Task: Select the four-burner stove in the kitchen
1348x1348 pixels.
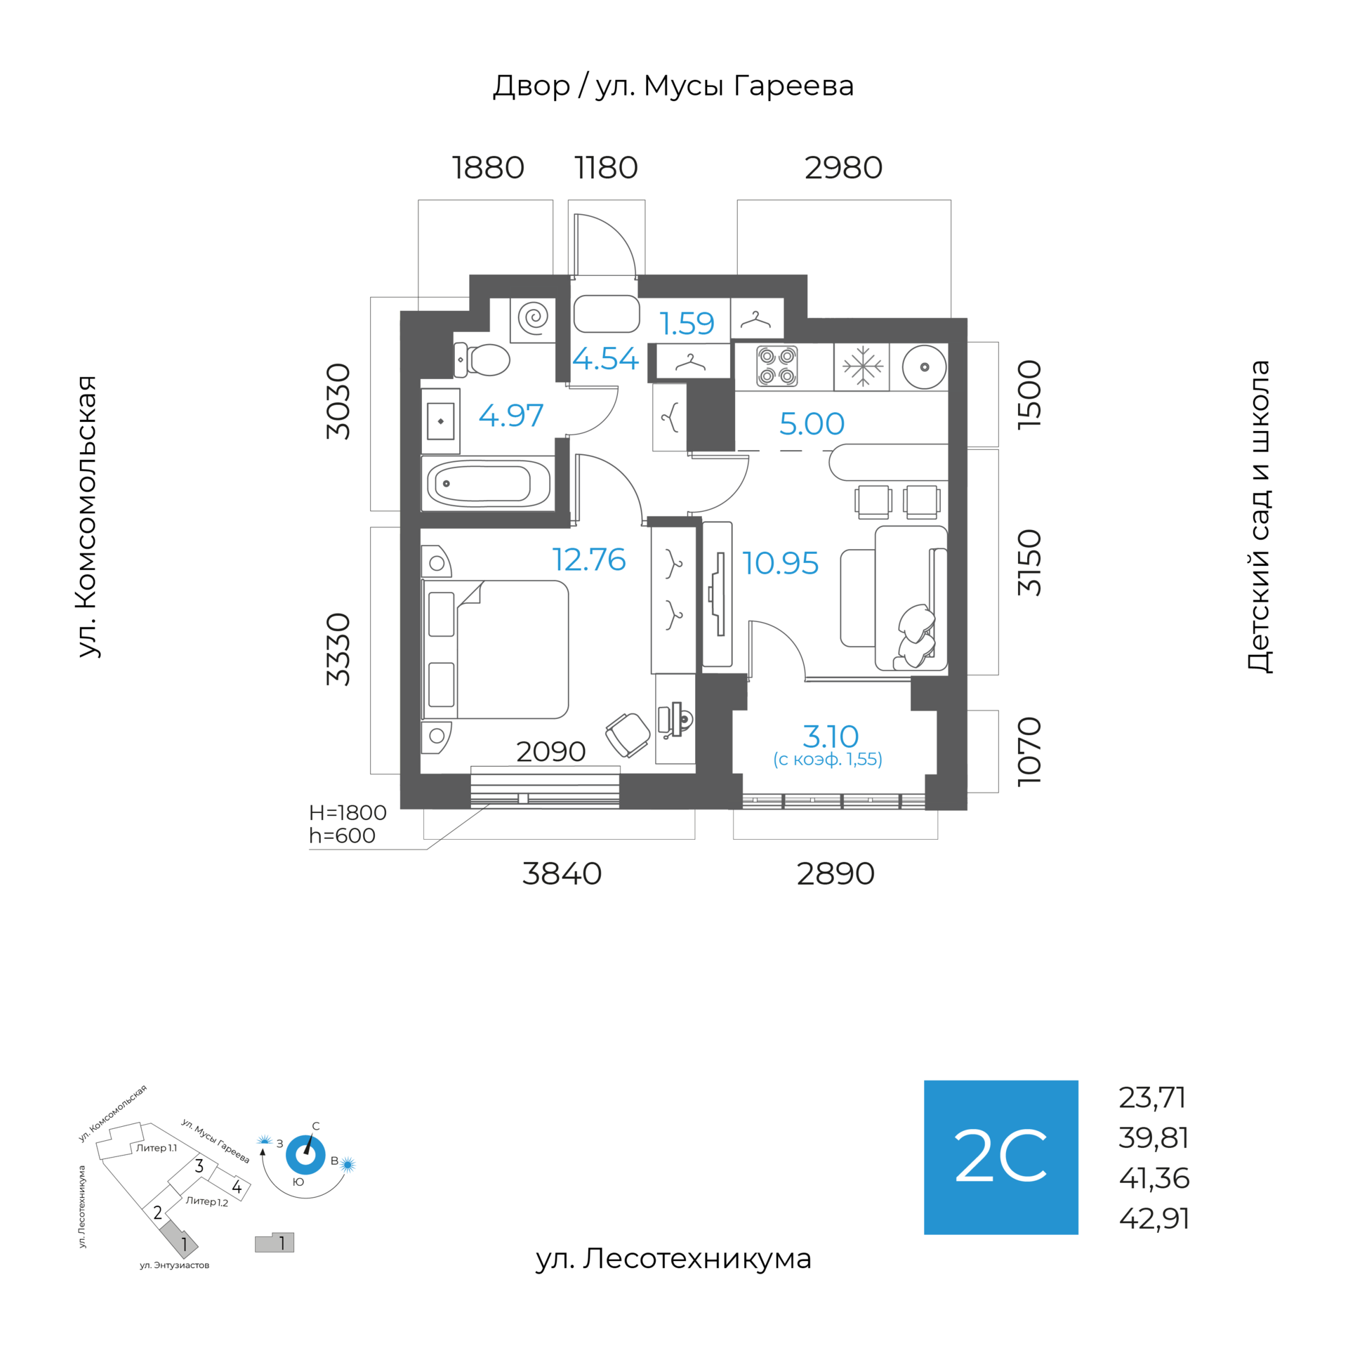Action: [x=777, y=366]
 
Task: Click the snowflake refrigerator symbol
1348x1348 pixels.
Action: [x=862, y=366]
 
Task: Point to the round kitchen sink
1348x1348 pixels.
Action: [x=924, y=366]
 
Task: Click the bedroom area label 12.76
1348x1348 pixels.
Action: [x=588, y=560]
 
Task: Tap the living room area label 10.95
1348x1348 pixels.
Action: [x=780, y=563]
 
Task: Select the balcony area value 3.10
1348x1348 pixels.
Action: [x=831, y=736]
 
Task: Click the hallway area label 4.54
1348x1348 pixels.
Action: [x=605, y=359]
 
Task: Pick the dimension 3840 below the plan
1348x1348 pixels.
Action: [x=562, y=873]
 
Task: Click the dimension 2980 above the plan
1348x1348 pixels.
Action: [x=843, y=168]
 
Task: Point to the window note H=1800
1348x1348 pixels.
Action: [x=348, y=812]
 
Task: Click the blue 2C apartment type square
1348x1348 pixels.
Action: [x=1000, y=1157]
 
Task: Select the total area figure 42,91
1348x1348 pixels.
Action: [x=1154, y=1219]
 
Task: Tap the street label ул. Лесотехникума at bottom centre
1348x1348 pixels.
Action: [x=673, y=1259]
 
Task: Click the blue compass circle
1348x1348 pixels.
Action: [x=305, y=1154]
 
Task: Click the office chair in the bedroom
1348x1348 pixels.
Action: [x=628, y=734]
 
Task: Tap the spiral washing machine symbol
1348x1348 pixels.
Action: [x=534, y=317]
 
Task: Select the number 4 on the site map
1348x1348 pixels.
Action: [x=237, y=1187]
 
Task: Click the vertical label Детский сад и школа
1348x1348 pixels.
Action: [x=1259, y=517]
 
